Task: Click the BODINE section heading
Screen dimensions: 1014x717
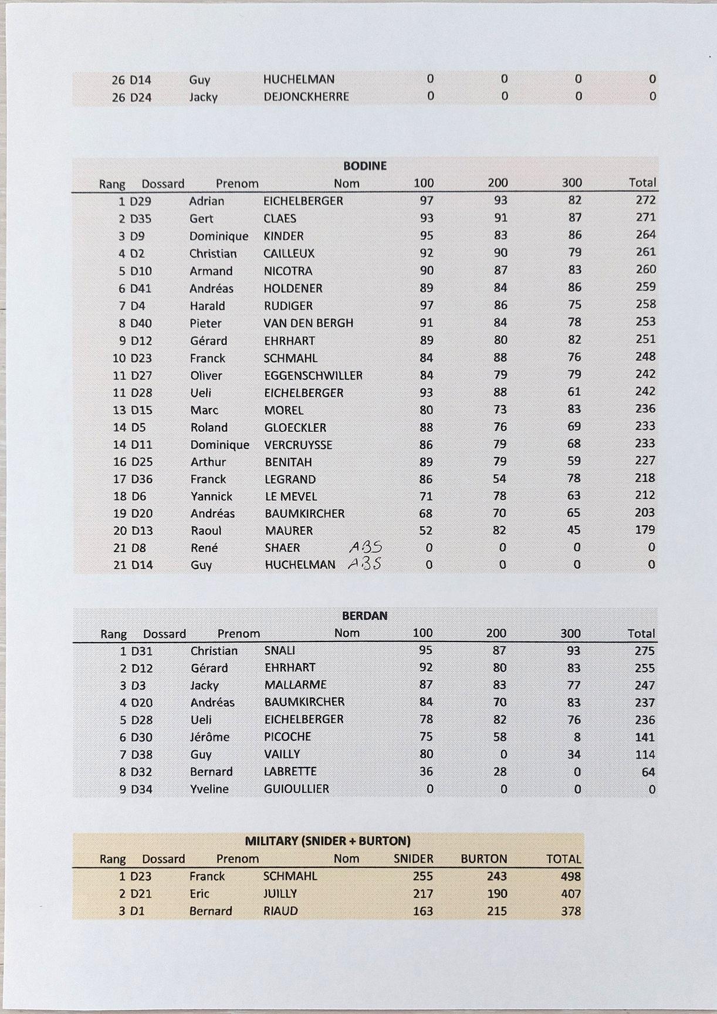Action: pyautogui.click(x=364, y=166)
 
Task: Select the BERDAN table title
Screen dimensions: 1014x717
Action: pyautogui.click(x=364, y=616)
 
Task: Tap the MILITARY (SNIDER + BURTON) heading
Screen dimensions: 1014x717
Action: pyautogui.click(x=327, y=841)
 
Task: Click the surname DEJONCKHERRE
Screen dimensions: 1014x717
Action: pyautogui.click(x=306, y=97)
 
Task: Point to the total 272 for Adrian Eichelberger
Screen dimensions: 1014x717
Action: pyautogui.click(x=645, y=200)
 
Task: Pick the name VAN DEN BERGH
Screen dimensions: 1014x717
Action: pyautogui.click(x=308, y=323)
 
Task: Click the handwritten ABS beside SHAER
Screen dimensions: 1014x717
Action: pyautogui.click(x=366, y=547)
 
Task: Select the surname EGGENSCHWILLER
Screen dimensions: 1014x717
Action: pyautogui.click(x=313, y=376)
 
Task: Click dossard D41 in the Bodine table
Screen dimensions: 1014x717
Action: pyautogui.click(x=140, y=289)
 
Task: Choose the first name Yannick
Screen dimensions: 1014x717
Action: pyautogui.click(x=211, y=496)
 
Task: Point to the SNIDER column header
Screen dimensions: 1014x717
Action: pyautogui.click(x=413, y=859)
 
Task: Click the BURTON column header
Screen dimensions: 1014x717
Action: pyautogui.click(x=483, y=859)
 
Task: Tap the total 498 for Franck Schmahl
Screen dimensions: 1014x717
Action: pyautogui.click(x=570, y=877)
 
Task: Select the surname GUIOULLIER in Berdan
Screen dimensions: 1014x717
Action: pyautogui.click(x=296, y=789)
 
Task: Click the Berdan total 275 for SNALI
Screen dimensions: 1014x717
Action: pyautogui.click(x=644, y=651)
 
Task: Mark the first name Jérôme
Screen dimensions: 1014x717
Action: pyautogui.click(x=209, y=737)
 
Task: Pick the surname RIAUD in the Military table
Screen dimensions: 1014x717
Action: pyautogui.click(x=280, y=911)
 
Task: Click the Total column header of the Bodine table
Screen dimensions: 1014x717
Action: pyautogui.click(x=642, y=183)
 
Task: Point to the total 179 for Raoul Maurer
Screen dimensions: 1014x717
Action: pyautogui.click(x=644, y=530)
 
